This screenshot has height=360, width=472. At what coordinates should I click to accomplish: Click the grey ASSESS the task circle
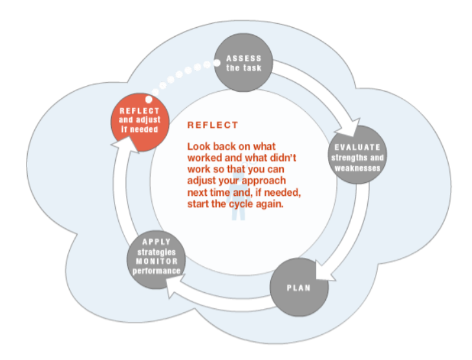[x=243, y=63]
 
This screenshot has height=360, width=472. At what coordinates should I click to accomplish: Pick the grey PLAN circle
[x=298, y=287]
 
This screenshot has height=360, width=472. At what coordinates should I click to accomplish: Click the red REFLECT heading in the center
[x=213, y=125]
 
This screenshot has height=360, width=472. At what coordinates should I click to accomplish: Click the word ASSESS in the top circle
[x=243, y=59]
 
